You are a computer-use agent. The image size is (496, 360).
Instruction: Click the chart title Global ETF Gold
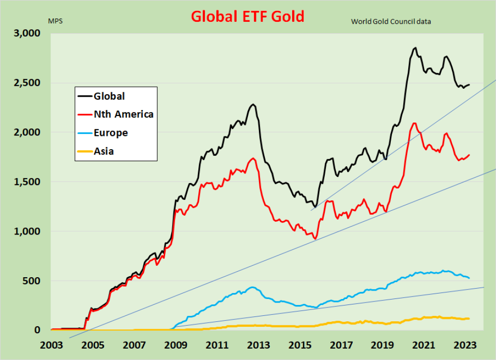click(248, 16)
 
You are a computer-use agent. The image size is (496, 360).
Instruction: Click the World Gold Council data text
click(391, 21)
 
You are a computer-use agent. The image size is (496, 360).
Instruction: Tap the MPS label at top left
click(55, 21)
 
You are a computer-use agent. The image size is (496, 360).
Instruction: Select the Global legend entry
click(109, 96)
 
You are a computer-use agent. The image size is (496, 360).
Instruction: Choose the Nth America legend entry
click(124, 115)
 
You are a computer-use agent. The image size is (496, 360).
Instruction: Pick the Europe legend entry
click(111, 133)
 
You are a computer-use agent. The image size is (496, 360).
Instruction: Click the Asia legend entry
click(104, 151)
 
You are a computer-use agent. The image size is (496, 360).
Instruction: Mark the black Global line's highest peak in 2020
click(415, 48)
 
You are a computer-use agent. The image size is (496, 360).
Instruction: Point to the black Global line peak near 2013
click(253, 105)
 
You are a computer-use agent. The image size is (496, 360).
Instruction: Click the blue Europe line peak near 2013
click(252, 287)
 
